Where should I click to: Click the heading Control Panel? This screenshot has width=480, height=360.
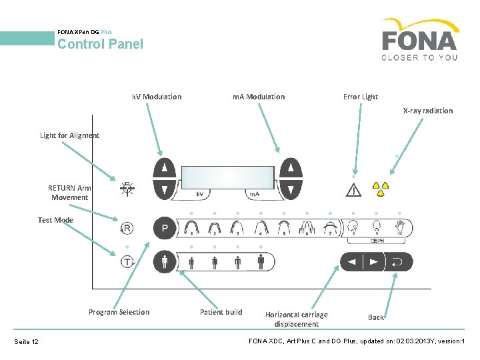[x=100, y=45]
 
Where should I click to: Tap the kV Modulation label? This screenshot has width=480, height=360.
[x=157, y=97]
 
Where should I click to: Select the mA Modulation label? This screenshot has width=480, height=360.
[x=259, y=97]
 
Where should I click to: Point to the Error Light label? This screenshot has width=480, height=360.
[x=361, y=97]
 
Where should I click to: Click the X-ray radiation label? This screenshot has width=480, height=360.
[x=427, y=111]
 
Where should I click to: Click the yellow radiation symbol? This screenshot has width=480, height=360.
[x=380, y=189]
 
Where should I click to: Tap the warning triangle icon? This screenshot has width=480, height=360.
[x=353, y=189]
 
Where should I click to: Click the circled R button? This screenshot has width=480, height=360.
[x=127, y=229]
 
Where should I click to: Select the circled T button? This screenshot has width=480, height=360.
[x=127, y=262]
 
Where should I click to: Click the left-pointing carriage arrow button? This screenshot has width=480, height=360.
[x=352, y=262]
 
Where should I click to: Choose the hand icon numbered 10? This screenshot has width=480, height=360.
[x=400, y=227]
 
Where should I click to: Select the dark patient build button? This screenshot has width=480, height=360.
[x=165, y=261]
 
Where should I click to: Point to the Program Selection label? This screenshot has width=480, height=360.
[x=119, y=312]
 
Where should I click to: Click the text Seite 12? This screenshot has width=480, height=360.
[x=27, y=342]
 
